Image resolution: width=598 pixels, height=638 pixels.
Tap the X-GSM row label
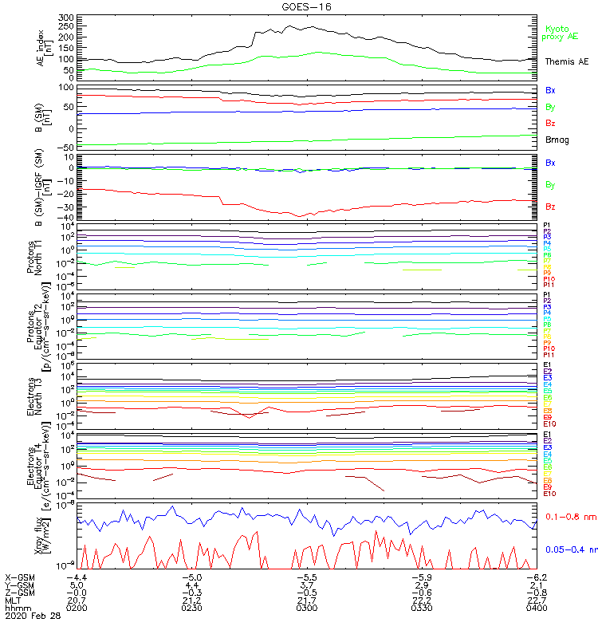click(21, 577)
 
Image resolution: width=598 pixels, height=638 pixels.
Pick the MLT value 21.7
click(307, 600)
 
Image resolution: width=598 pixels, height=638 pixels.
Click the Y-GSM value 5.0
click(79, 585)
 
